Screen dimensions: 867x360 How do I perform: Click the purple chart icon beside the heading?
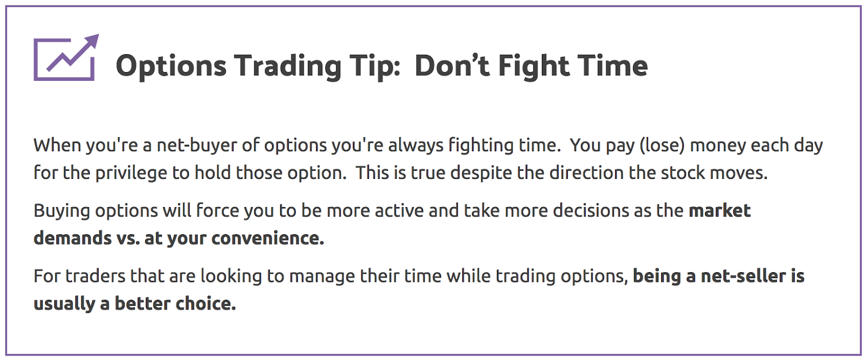(66, 57)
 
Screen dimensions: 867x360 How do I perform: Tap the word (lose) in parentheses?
(662, 145)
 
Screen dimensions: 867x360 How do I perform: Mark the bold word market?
(720, 210)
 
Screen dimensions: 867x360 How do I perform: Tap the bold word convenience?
(268, 238)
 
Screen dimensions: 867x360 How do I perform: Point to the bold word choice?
(205, 304)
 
